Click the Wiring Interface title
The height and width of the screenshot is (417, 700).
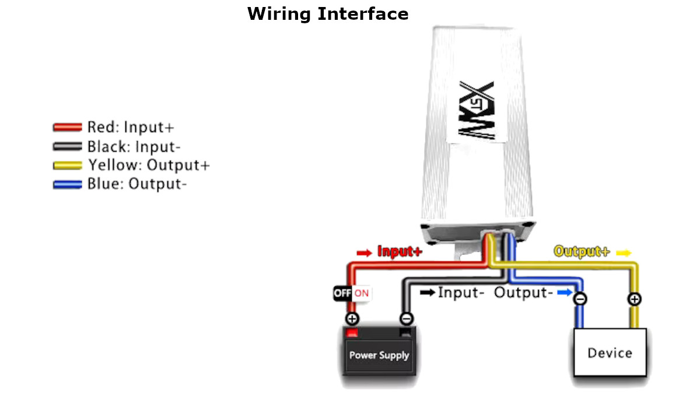328,14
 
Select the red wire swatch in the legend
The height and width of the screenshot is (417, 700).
68,127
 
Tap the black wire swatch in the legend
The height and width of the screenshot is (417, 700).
68,146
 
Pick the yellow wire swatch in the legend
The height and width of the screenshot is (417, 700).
68,165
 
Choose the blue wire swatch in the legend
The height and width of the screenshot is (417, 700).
68,184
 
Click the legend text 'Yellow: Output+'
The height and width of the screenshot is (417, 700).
149,165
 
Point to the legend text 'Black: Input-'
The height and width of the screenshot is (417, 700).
134,146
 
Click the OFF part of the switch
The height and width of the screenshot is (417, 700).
342,293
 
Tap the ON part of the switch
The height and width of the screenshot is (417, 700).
362,293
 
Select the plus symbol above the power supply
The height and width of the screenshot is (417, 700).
352,318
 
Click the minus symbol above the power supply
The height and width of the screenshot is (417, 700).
407,318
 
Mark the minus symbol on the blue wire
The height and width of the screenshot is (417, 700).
580,299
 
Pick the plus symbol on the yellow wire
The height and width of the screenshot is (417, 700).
635,299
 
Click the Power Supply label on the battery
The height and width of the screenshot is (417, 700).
379,355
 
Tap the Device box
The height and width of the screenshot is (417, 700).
610,352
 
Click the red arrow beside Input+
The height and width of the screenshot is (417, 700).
365,253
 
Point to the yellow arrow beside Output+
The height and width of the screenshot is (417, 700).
624,253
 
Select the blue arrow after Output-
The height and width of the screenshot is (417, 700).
565,293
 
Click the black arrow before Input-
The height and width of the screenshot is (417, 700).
428,293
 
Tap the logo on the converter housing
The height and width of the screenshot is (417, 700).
477,110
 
